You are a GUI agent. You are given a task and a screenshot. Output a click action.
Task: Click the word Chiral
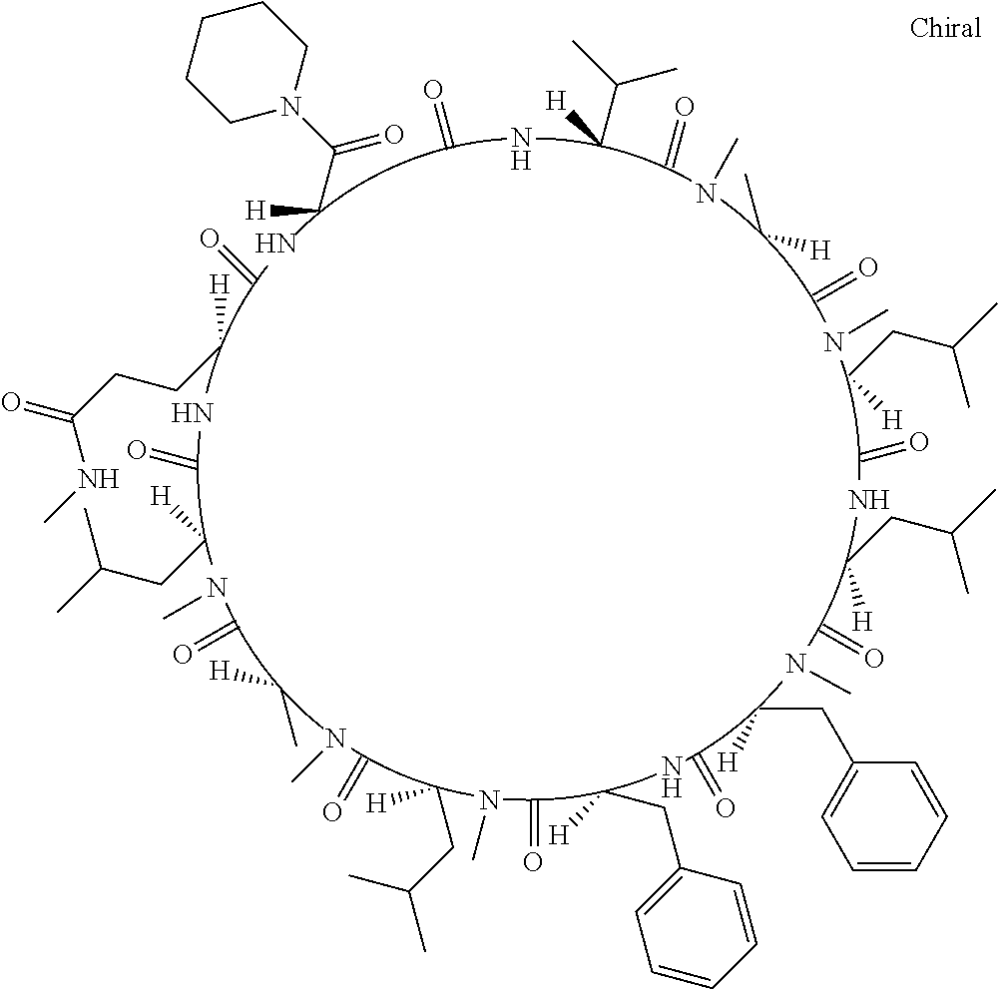point(945,28)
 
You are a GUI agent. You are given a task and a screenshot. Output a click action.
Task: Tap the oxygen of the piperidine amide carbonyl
point(393,133)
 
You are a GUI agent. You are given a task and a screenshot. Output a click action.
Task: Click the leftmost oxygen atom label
point(12,403)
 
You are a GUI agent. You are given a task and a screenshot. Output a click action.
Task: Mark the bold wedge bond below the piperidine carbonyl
point(289,212)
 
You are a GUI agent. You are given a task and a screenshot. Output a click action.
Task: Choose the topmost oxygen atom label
point(433,92)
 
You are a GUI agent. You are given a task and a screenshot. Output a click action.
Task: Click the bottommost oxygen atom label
point(532,863)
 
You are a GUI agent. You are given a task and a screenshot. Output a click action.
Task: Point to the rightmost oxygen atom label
point(918,442)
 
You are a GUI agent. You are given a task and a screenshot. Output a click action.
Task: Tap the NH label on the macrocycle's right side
point(866,498)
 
